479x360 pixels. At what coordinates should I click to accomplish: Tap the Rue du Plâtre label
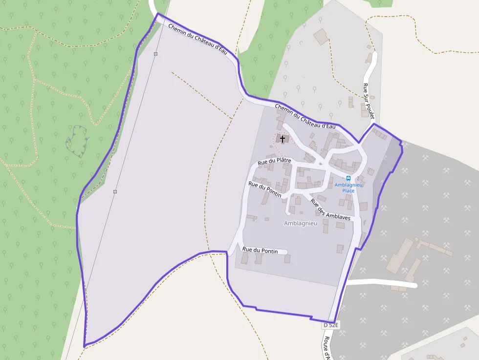click(274, 161)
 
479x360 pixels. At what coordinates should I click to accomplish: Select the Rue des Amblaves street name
click(330, 210)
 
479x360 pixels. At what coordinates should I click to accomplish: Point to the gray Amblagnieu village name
click(301, 223)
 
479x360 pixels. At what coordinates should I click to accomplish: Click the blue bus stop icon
click(348, 178)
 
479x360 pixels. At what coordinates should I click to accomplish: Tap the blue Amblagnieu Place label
click(348, 188)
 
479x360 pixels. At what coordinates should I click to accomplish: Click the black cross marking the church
click(283, 139)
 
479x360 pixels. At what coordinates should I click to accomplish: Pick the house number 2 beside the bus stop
click(358, 178)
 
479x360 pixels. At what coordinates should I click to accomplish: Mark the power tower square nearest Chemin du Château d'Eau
click(155, 54)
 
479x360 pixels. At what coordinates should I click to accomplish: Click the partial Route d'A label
click(328, 347)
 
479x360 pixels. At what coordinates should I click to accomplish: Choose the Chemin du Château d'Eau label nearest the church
click(305, 116)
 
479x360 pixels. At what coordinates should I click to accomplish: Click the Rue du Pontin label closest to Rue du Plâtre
click(265, 190)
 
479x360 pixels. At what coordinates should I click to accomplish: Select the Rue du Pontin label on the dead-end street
click(260, 251)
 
